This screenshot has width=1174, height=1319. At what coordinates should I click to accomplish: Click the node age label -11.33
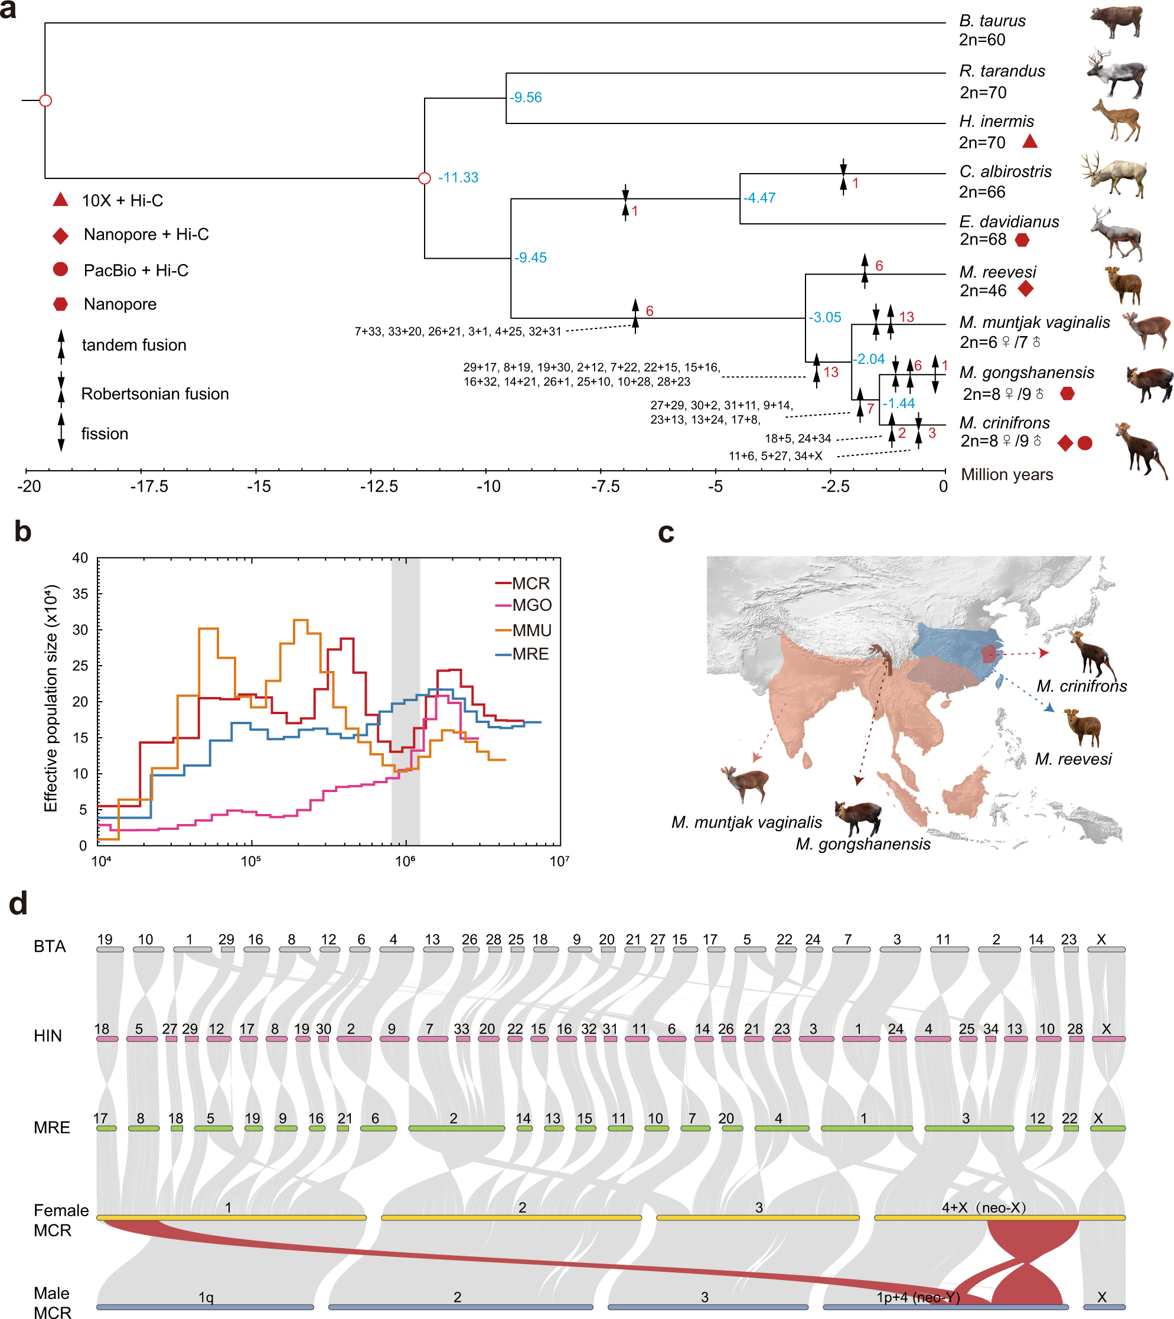pyautogui.click(x=458, y=177)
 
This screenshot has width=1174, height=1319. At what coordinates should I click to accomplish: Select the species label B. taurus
pyautogui.click(x=992, y=21)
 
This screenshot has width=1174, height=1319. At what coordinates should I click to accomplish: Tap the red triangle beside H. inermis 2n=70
pyautogui.click(x=1029, y=141)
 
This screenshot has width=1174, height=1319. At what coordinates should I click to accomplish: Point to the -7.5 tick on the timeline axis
pyautogui.click(x=605, y=486)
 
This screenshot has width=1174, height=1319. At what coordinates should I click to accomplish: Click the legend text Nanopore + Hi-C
pyautogui.click(x=146, y=235)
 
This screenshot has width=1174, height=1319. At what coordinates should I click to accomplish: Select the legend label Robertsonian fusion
pyautogui.click(x=155, y=393)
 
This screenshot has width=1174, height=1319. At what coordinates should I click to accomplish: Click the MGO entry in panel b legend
pyautogui.click(x=531, y=605)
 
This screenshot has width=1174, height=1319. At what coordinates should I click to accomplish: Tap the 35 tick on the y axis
pyautogui.click(x=80, y=594)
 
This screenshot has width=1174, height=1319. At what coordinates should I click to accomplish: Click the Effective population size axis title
pyautogui.click(x=51, y=698)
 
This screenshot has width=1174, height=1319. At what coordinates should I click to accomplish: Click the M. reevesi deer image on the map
pyautogui.click(x=1084, y=727)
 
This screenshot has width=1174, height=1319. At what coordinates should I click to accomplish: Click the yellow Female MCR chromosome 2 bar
pyautogui.click(x=511, y=1217)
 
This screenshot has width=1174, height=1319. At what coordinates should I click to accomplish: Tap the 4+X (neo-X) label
pyautogui.click(x=983, y=1207)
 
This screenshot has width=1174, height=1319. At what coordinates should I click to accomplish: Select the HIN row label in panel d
pyautogui.click(x=48, y=1035)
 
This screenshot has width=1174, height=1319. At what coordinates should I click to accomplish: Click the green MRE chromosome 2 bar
pyautogui.click(x=456, y=1128)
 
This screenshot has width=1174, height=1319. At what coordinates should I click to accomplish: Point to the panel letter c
pyautogui.click(x=666, y=533)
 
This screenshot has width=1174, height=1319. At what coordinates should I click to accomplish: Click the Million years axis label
pyautogui.click(x=1006, y=474)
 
